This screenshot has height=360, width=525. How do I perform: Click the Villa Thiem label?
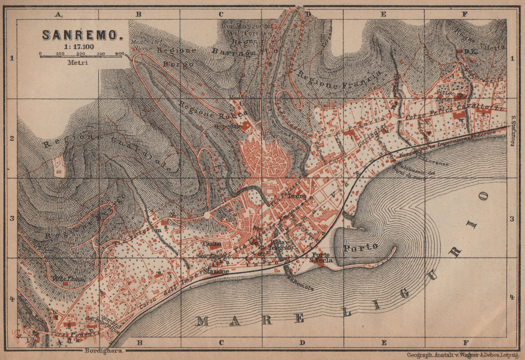(68, 279)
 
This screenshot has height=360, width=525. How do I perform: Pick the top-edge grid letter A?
(58, 14)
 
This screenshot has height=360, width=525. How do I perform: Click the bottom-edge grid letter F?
(465, 343)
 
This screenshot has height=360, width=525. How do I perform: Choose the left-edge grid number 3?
(12, 218)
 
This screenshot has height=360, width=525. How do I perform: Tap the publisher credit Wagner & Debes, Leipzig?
(463, 355)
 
